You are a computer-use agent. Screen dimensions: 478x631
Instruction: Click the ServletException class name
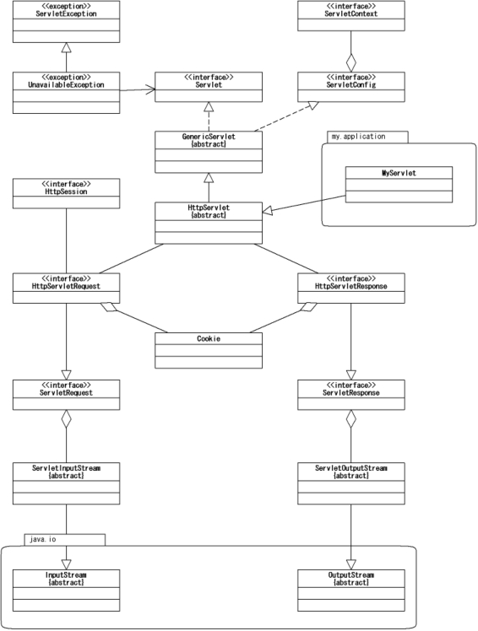[x=66, y=13]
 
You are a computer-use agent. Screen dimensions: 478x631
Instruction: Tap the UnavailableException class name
[x=66, y=85]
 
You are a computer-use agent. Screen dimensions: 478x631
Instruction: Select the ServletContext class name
[x=351, y=13]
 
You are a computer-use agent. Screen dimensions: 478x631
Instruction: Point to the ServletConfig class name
[x=351, y=85]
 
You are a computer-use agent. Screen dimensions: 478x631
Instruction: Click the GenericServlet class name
[x=209, y=137]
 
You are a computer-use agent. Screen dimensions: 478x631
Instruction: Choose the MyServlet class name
[x=399, y=173]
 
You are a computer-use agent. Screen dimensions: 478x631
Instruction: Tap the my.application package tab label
[x=358, y=137]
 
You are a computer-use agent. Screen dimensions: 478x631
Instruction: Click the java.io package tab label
[x=43, y=539]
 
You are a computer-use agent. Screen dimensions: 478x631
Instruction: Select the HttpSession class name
[x=66, y=191]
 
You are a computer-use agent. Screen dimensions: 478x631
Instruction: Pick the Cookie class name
[x=209, y=339]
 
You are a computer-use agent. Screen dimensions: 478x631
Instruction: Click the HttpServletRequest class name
[x=66, y=286]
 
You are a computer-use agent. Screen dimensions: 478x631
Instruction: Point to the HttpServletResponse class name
[x=351, y=286]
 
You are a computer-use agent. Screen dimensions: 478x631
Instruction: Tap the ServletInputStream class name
[x=66, y=468]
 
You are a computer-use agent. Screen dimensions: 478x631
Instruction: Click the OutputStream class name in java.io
[x=351, y=575]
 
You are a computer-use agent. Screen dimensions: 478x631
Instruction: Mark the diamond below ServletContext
[x=351, y=62]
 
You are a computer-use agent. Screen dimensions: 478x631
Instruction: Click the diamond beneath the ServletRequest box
[x=66, y=419]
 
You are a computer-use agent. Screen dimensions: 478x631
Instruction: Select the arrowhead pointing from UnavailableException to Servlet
[x=150, y=89]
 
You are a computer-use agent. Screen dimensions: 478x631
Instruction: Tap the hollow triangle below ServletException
[x=66, y=47]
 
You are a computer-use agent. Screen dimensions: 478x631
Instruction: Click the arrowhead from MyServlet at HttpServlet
[x=268, y=210]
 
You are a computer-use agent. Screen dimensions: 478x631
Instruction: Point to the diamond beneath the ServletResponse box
[x=351, y=419]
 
